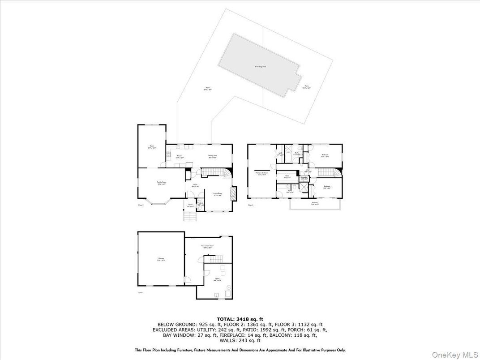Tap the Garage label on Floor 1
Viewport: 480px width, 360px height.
[160, 259]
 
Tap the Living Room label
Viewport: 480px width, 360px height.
[218, 194]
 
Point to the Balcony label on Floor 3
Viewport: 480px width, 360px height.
[315, 203]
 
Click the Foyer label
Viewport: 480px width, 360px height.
[196, 185]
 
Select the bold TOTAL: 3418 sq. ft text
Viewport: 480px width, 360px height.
[240, 319]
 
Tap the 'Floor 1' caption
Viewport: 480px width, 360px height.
[141, 292]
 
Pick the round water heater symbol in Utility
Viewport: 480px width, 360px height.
[228, 287]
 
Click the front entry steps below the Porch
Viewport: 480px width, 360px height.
[190, 217]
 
